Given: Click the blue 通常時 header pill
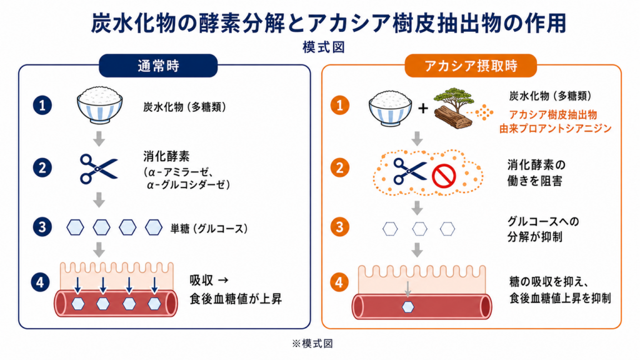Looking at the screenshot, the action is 158,66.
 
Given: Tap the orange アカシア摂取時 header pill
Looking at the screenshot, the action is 471,66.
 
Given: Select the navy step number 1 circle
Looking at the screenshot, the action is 42,105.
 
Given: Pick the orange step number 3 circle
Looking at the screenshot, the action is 339,227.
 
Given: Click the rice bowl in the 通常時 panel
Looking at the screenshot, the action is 99,104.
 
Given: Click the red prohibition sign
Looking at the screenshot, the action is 444,176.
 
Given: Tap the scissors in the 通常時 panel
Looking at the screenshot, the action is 98,169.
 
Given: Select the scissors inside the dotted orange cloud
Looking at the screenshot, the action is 409,171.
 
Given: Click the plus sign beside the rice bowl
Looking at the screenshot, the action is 423,108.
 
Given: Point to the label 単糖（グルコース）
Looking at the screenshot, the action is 209,229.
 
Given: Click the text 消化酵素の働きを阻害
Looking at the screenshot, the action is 536,173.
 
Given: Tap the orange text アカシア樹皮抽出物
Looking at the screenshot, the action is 553,115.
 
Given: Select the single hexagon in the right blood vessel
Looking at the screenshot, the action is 407,307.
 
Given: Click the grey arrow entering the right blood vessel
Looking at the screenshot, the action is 407,289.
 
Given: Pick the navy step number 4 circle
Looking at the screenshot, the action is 40,282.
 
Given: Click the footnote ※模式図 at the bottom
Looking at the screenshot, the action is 312,344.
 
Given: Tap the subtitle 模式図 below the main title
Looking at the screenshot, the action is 324,47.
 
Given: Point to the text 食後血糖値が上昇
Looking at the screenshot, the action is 236,299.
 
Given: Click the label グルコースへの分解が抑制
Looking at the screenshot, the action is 543,229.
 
